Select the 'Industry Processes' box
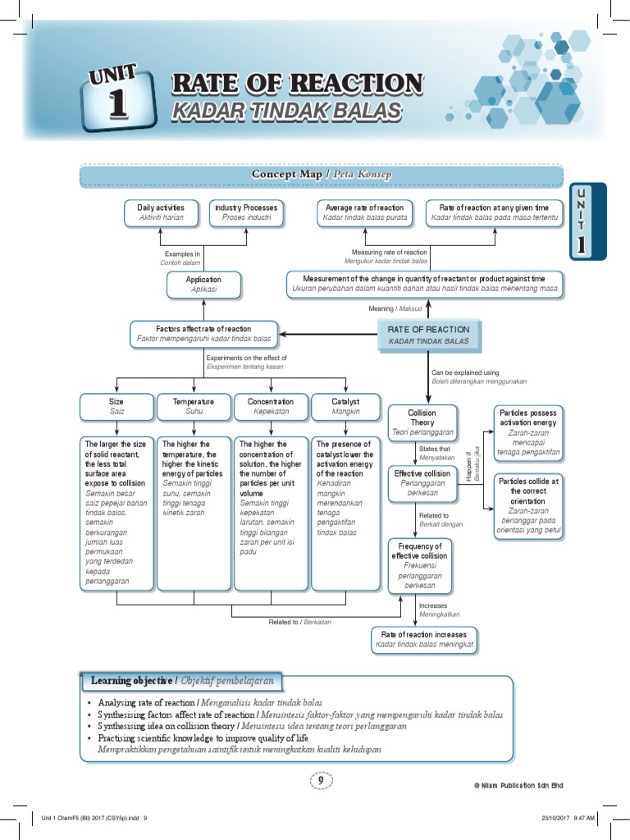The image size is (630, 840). pos(246,212)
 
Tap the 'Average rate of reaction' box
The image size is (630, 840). pos(364,212)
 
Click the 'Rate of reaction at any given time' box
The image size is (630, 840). pos(495,212)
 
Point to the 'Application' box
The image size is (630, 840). pos(204,285)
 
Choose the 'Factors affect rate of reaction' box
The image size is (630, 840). pos(203,334)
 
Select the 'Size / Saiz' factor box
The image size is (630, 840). pos(116,406)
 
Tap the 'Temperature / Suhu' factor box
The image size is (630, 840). pos(194,406)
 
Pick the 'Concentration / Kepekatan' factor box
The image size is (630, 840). pos(271,406)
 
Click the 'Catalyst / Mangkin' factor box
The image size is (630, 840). pos(345,406)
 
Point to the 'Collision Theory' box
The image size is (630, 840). pos(422,422)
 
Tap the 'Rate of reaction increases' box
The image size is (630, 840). pos(424,640)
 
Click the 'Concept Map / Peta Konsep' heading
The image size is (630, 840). pos(322,176)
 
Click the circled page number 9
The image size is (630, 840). pos(321,781)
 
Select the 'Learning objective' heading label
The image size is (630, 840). pos(184,682)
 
